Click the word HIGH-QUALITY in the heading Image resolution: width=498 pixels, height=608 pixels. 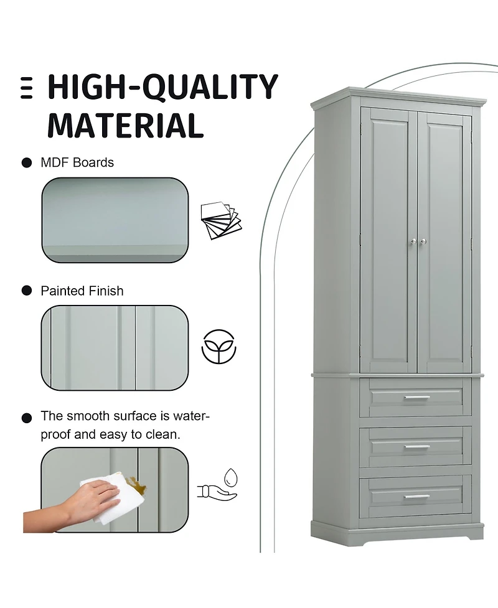162,87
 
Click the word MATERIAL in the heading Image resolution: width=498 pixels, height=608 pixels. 125,124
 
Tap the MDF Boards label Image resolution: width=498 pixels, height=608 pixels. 77,162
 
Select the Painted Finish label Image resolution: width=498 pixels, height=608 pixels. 82,291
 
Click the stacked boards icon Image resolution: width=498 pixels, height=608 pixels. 220,219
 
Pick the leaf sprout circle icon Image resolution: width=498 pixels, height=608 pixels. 219,347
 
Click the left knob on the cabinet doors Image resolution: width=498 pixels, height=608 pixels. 411,241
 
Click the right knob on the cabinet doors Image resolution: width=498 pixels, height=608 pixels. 423,241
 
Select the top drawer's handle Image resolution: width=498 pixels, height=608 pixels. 416,397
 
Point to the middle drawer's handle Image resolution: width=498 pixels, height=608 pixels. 416,447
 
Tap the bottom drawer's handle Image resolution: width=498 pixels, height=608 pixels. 416,497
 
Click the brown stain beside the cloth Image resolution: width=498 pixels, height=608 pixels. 133,482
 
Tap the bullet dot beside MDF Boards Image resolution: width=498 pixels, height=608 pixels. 27,163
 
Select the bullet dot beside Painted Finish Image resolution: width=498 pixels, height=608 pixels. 27,291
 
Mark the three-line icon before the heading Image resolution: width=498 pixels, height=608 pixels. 26,88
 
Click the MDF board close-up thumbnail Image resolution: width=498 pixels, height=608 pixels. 115,220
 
